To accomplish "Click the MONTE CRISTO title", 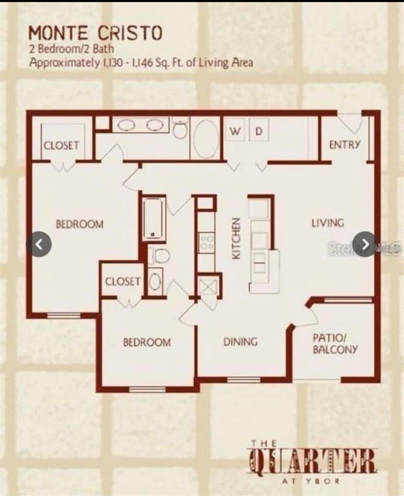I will pos(96,33).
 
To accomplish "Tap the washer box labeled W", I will pos(235,131).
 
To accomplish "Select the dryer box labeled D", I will pos(259,131).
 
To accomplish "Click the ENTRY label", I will pos(344,145).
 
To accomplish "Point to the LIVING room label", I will pos(328,223).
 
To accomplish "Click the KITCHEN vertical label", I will pos(236,238).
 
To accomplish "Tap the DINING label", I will pos(240,342).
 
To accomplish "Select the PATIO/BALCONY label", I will pos(335,343).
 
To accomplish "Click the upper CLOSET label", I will pos(62,145).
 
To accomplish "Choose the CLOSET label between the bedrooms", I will pos(122,281).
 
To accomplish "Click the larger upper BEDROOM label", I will pos(79,224).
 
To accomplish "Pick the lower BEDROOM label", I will pos(147,343).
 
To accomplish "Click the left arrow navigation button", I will pos(39,244).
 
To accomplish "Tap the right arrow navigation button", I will pos(365,244).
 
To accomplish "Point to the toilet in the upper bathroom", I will pos(180,129).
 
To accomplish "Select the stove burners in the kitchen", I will pos(206,242).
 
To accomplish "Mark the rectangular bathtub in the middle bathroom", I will pos(154,219).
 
